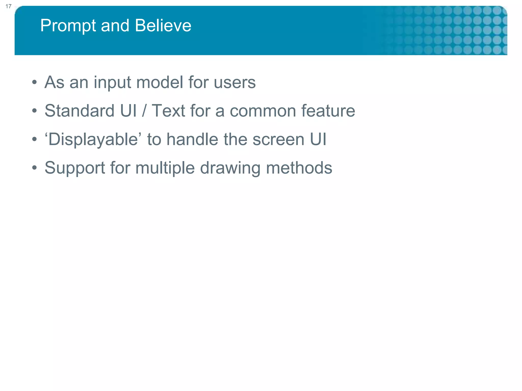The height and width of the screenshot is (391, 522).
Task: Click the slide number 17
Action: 8,6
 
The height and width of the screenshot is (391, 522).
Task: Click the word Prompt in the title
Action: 68,26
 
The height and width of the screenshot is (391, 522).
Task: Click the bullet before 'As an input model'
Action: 34,82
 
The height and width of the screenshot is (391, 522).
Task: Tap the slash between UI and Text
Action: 144,111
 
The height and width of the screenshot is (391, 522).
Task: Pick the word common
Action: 263,111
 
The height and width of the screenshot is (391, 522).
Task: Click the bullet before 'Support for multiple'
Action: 34,168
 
